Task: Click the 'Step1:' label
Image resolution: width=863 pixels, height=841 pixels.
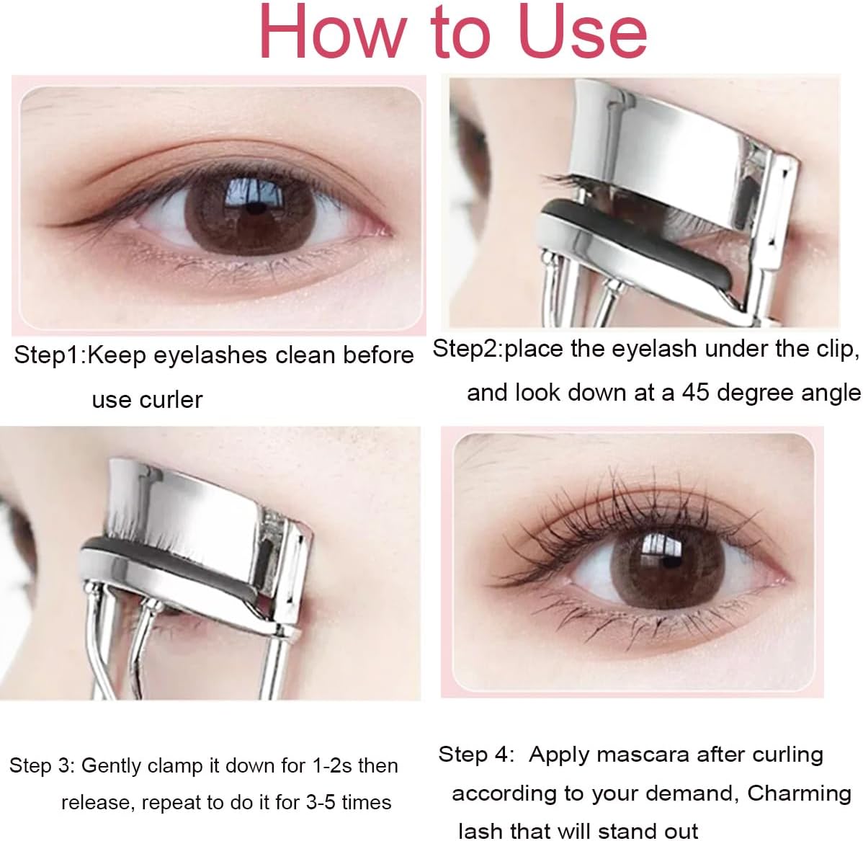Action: pyautogui.click(x=49, y=355)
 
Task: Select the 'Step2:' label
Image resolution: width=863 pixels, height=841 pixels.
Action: pyautogui.click(x=468, y=349)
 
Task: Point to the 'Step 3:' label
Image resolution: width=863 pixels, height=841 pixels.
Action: pyautogui.click(x=42, y=765)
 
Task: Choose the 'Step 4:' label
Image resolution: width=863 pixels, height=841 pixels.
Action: pyautogui.click(x=476, y=755)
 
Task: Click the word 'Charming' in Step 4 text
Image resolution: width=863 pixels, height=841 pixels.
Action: pyautogui.click(x=799, y=793)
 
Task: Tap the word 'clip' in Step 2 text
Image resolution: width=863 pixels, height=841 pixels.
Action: pyautogui.click(x=836, y=349)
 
